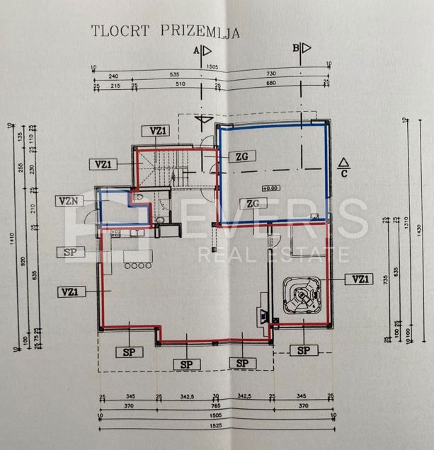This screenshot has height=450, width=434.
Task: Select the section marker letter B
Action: point(297,48)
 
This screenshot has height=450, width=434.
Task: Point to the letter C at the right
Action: point(343,171)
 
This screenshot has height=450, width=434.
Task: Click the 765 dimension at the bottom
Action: point(214,407)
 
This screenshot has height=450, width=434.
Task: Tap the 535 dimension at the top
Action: point(168,74)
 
